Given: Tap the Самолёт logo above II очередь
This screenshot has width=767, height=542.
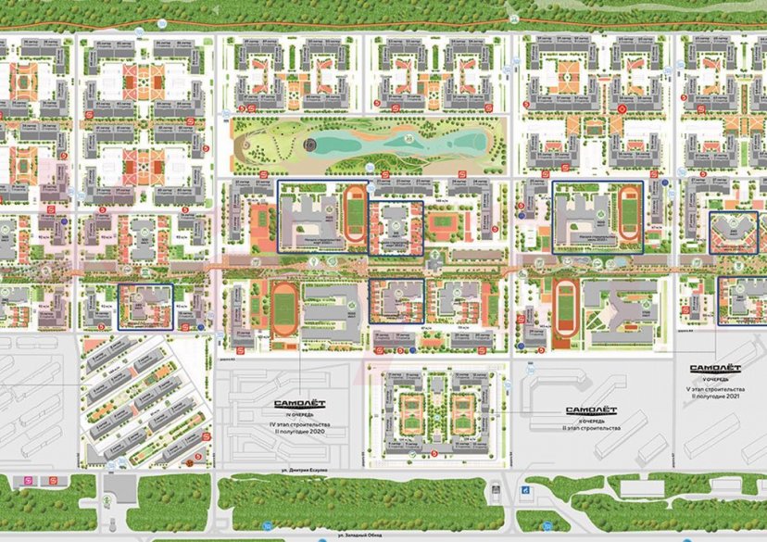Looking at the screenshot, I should [x=592, y=410].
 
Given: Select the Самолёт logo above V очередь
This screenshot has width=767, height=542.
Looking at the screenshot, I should [x=714, y=368].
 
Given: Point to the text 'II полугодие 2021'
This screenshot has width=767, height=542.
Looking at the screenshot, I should [x=714, y=396].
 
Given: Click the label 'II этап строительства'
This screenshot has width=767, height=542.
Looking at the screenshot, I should [x=592, y=429].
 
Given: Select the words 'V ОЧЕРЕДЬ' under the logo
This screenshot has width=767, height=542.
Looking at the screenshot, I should [x=714, y=378].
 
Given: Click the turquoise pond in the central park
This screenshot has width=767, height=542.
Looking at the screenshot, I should [x=398, y=145].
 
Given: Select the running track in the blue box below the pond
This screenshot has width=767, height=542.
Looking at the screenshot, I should [x=354, y=210].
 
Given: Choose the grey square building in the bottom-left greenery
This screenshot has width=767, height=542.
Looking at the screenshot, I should [x=116, y=487].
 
